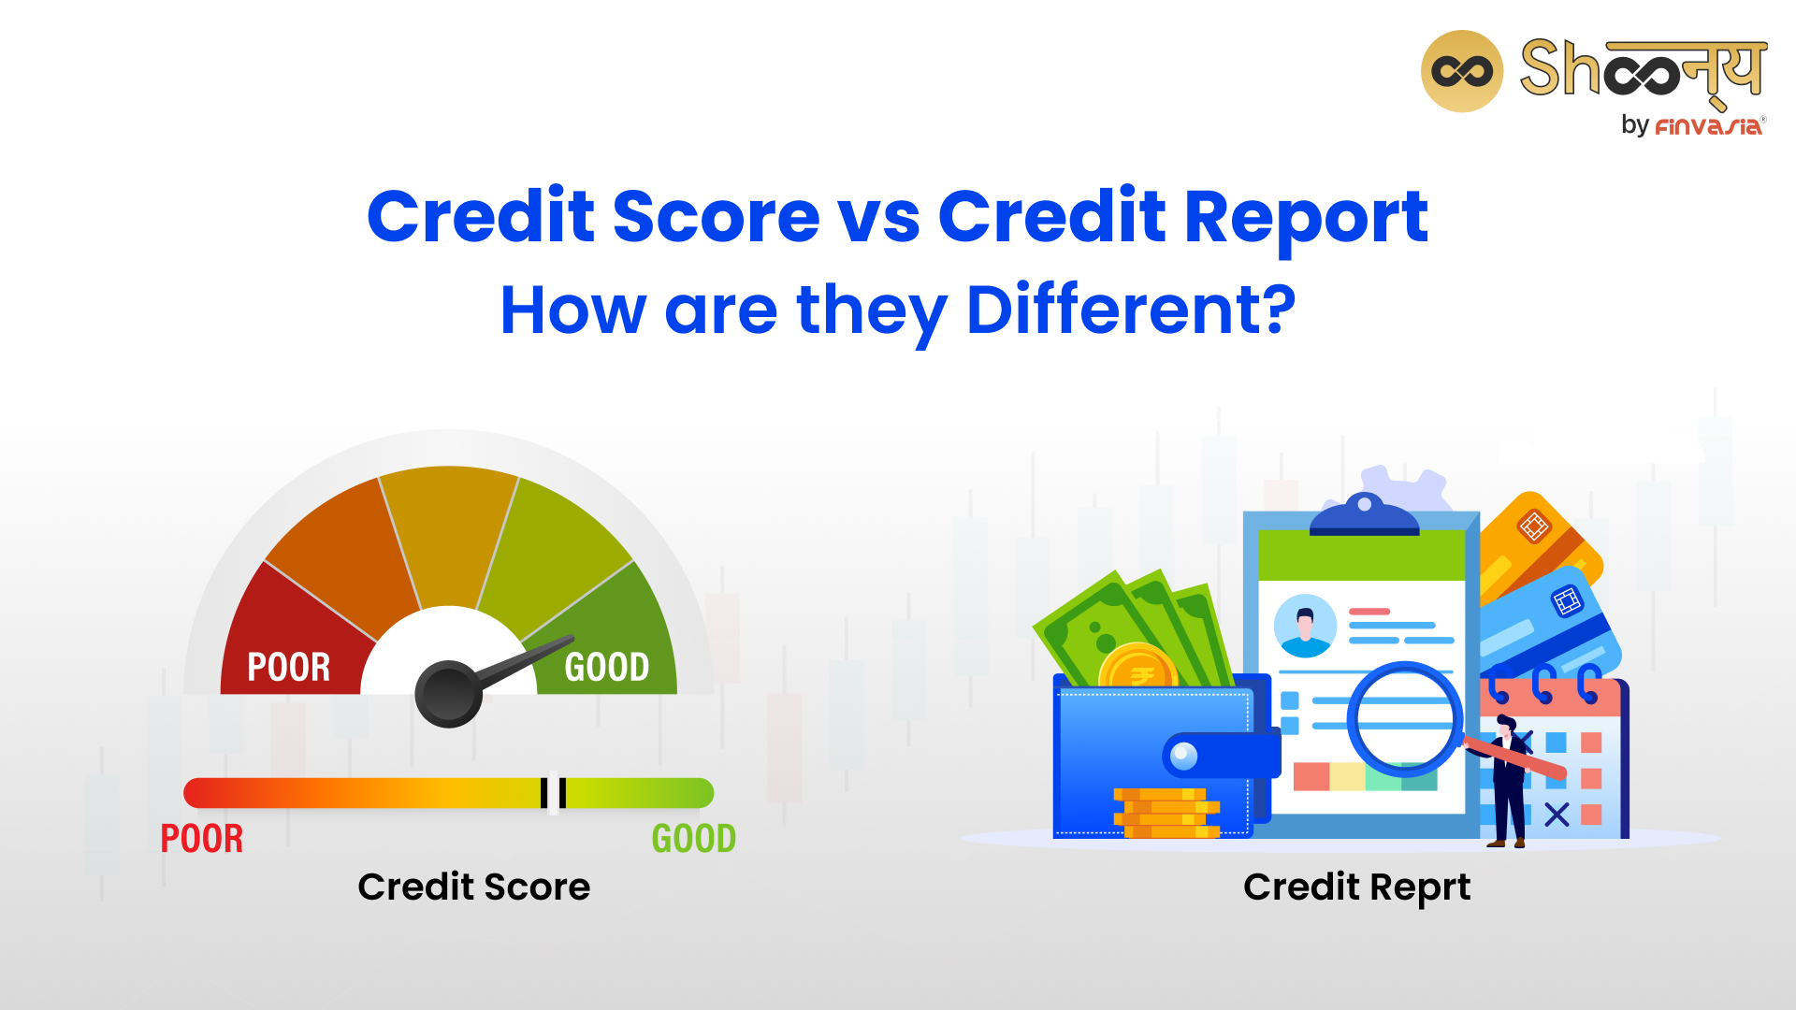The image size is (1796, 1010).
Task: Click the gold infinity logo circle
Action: pos(1461,71)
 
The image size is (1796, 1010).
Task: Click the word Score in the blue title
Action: pos(716,217)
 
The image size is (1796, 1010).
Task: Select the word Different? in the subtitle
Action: pos(1131,310)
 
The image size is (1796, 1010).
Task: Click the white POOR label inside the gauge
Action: pos(289,667)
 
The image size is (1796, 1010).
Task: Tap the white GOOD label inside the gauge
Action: pos(607,667)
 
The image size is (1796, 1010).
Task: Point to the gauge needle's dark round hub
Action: pos(449,694)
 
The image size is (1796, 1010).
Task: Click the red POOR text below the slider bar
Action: pos(202,839)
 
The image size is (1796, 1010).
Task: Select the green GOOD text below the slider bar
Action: pos(694,839)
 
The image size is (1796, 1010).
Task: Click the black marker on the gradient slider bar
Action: pos(553,793)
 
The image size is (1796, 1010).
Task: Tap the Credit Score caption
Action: pos(474,887)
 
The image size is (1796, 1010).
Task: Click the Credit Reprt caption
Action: pos(1357,887)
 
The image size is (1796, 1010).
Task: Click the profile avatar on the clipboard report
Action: pos(1305,626)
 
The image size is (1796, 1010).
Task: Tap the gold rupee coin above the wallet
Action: pos(1138,667)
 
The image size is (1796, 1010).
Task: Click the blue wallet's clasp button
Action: pos(1184,756)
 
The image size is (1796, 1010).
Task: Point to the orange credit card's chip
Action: pos(1534,527)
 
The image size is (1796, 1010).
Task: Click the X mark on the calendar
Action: pos(1557,815)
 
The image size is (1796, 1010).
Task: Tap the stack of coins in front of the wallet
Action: pos(1166,813)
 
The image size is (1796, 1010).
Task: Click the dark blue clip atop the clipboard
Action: pos(1364,515)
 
